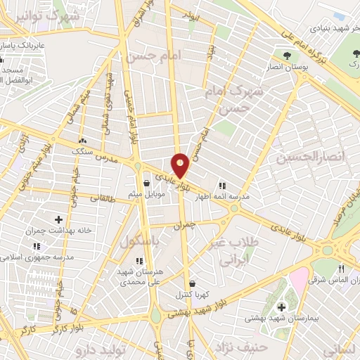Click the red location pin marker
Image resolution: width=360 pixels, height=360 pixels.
pos(181,166)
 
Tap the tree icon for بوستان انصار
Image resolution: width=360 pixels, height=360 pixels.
pos(286,56)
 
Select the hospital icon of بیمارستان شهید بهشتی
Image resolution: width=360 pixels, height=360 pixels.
pos(281,307)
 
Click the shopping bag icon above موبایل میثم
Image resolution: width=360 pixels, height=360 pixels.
pos(146,183)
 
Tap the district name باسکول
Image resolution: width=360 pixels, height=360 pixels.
pos(139,241)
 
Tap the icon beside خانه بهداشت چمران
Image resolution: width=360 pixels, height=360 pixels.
pos(58,221)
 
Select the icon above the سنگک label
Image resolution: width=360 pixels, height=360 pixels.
pos(83,140)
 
